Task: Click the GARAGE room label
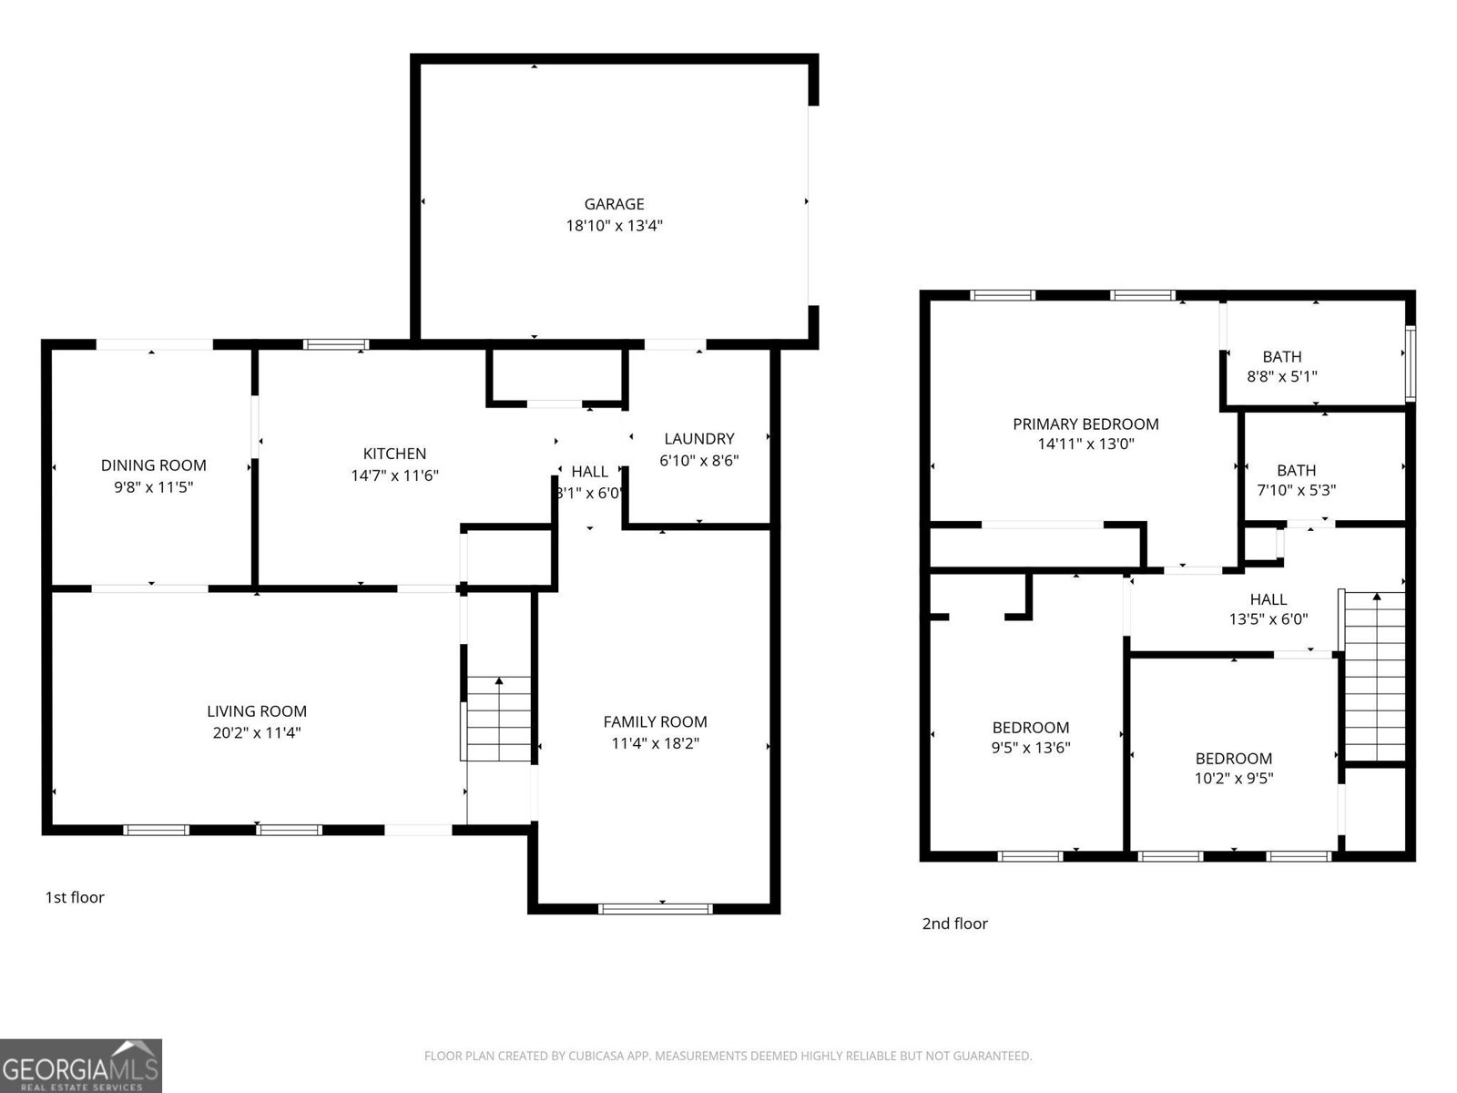pos(614,204)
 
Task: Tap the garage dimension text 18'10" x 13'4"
pos(614,226)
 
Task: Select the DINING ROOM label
pos(153,465)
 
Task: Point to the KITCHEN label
pos(394,454)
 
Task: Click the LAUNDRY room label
pos(698,438)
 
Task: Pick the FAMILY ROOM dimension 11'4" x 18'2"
pos(655,743)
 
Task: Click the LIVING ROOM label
pos(256,711)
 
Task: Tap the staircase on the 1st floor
pos(498,719)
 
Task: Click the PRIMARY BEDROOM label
pos(1085,424)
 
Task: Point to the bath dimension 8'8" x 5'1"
pos(1281,376)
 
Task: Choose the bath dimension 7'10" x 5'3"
pos(1296,490)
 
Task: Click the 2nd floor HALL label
pos(1268,598)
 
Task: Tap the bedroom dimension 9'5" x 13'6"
pos(1030,749)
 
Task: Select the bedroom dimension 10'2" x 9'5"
pos(1233,779)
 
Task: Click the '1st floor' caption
pos(75,897)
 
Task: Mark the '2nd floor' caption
pos(954,924)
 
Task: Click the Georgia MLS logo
pos(80,1066)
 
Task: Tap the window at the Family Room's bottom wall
pos(655,908)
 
